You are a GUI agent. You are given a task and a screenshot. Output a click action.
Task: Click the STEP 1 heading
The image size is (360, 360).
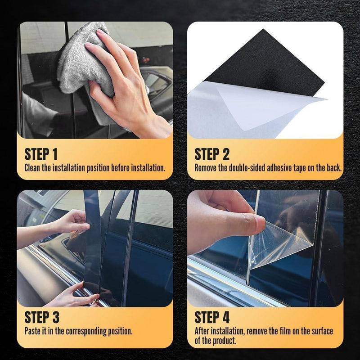pos(41,154)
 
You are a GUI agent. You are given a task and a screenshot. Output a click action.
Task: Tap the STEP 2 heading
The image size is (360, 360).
pos(212,154)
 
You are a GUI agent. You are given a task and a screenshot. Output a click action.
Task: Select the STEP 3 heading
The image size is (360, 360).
pos(42,317)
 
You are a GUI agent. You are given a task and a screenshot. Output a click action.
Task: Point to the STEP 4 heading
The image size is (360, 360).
pos(212,317)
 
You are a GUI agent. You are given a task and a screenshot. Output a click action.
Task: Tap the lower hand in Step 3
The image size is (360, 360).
pos(73,296)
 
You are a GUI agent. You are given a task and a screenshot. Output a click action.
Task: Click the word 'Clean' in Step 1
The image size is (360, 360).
pos(32,168)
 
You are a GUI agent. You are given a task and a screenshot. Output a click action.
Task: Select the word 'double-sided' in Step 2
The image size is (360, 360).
pos(247,168)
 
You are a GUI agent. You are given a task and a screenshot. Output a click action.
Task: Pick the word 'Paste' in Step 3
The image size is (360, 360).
pos(32,331)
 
